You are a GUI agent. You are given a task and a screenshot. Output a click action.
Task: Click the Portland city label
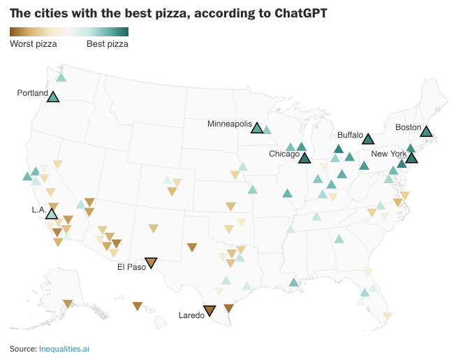33,93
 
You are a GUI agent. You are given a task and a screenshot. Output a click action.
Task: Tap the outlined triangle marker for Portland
53,97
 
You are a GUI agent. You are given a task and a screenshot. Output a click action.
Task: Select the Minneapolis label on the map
230,124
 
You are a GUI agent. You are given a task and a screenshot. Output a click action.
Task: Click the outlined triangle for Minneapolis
257,128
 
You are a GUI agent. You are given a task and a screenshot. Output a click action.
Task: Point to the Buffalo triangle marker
368,139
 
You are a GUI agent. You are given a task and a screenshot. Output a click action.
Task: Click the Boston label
408,127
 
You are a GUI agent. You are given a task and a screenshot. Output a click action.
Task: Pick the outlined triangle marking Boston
427,132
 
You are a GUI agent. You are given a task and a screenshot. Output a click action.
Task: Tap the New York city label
388,154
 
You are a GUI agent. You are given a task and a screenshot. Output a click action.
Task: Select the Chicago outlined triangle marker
304,159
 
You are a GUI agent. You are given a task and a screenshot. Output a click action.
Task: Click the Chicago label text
284,154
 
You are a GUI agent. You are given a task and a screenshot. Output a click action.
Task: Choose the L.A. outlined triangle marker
52,214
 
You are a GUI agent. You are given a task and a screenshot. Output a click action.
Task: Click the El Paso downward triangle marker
151,263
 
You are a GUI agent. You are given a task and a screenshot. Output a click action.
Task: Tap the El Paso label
131,267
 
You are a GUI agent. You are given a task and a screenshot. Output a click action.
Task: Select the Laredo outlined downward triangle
209,311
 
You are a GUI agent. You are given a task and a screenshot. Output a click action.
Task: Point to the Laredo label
191,315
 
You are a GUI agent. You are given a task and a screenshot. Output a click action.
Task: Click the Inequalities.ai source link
64,349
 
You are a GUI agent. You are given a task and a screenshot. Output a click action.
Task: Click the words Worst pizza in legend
34,44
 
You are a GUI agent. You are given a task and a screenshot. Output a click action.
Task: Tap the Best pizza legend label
108,44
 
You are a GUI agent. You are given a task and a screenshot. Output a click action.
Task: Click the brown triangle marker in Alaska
68,304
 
